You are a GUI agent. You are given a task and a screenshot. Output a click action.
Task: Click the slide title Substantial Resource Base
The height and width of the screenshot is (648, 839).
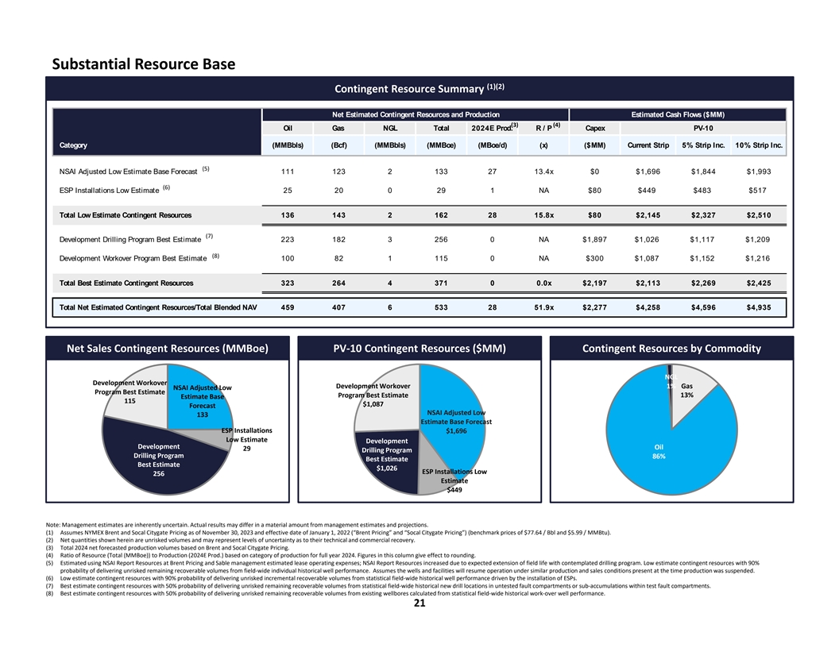pyautogui.click(x=143, y=63)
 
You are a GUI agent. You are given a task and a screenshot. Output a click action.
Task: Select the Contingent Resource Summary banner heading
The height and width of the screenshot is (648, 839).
pyautogui.click(x=420, y=88)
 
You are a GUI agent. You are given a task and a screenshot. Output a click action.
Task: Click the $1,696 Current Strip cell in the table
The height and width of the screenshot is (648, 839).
pyautogui.click(x=648, y=171)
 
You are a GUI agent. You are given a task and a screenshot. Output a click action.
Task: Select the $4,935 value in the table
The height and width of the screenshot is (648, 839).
pyautogui.click(x=759, y=309)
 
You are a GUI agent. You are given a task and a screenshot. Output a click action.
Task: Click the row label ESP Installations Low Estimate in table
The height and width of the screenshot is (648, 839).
pyautogui.click(x=109, y=190)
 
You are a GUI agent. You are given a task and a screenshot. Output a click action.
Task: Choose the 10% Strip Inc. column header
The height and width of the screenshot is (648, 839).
pyautogui.click(x=759, y=145)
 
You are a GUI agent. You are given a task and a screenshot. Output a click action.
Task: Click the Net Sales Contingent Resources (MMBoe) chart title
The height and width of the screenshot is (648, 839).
pyautogui.click(x=167, y=348)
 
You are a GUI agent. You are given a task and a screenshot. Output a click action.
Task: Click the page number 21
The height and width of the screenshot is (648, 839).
pyautogui.click(x=419, y=604)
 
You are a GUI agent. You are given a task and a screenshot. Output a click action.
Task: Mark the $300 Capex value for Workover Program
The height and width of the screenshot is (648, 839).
pyautogui.click(x=594, y=258)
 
